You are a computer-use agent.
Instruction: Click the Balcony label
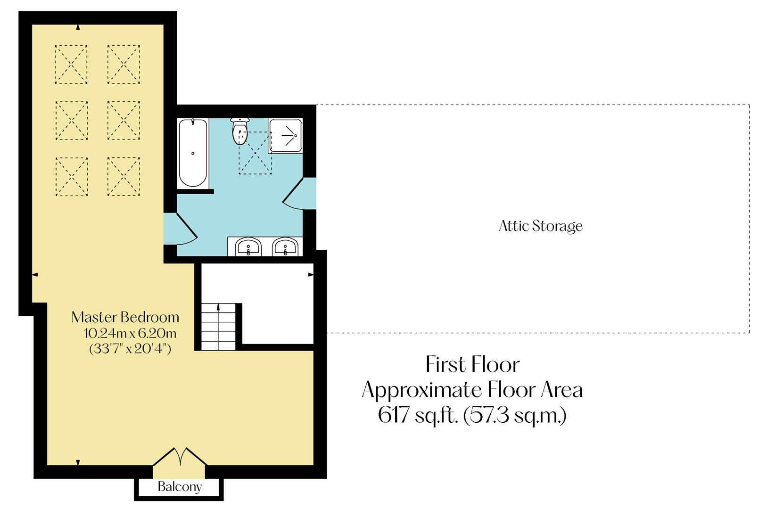click(180, 487)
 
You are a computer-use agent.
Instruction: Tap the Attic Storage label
click(541, 226)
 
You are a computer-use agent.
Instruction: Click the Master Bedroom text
click(125, 317)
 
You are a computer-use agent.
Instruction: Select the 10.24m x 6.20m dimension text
click(130, 334)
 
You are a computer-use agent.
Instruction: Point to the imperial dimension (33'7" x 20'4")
click(130, 349)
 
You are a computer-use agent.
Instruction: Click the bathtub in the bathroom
click(193, 153)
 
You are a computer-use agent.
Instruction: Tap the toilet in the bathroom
click(240, 132)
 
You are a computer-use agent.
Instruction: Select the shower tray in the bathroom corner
click(285, 136)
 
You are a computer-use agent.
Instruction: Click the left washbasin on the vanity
click(248, 247)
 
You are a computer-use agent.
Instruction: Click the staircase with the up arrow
click(218, 326)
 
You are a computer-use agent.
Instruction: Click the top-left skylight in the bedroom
click(71, 65)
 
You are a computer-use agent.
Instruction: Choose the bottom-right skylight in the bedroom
click(124, 176)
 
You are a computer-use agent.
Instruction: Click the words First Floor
click(472, 365)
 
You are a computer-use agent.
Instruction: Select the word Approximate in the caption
click(422, 390)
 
